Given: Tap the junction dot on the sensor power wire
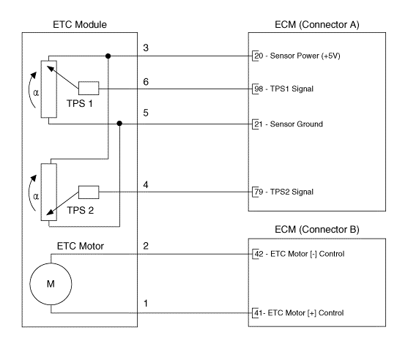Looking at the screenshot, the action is (x=108, y=56).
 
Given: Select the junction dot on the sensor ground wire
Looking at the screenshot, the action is (x=119, y=124).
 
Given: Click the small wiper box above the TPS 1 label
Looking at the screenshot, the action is (x=89, y=88).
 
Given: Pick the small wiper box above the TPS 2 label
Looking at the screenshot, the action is (x=89, y=192).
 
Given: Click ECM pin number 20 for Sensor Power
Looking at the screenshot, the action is (x=259, y=56).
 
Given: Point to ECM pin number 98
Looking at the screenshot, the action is (x=259, y=89).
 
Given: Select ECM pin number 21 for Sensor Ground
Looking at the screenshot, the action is (x=259, y=124).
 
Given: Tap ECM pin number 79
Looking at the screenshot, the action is (x=259, y=192).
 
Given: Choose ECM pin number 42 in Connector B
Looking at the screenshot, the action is (x=259, y=254).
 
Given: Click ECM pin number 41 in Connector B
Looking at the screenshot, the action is (x=259, y=312).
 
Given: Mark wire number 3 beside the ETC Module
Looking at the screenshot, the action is (x=146, y=48).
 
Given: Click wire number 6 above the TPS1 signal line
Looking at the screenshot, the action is (x=146, y=82).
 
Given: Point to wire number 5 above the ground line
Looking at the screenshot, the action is (x=146, y=113).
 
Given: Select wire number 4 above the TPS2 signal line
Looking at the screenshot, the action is (x=146, y=185).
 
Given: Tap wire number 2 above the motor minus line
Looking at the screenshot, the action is (x=146, y=246).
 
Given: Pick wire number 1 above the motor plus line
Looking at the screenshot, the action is (x=146, y=304).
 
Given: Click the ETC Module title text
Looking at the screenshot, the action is (x=80, y=24).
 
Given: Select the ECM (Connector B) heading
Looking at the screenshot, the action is (x=317, y=230).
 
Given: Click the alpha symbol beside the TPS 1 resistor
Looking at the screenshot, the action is (x=36, y=92).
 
